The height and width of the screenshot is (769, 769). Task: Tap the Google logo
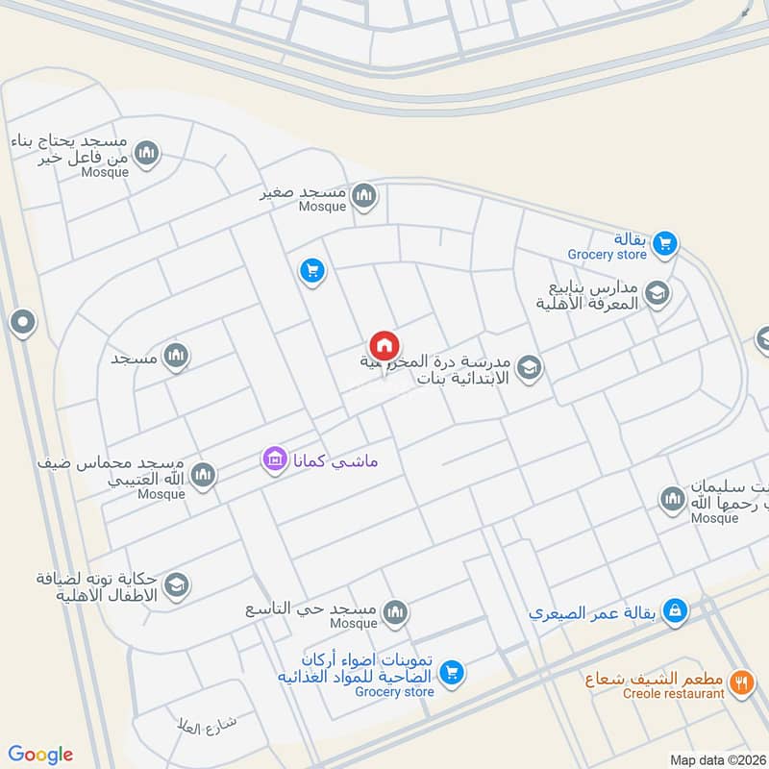[40, 755]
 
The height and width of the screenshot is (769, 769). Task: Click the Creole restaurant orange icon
[740, 682]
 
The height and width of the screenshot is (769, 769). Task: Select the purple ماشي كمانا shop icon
[275, 460]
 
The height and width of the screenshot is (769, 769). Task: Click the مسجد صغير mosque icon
[363, 197]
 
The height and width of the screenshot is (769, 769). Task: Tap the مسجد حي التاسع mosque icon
[394, 611]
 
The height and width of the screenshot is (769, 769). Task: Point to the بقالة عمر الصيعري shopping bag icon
[677, 610]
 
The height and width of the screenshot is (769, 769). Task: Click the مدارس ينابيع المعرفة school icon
[657, 294]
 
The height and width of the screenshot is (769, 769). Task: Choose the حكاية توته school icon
[176, 583]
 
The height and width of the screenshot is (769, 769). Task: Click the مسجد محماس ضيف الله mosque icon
[203, 474]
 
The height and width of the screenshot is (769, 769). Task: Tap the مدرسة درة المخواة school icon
[528, 367]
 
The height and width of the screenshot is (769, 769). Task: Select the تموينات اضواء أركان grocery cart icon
[453, 673]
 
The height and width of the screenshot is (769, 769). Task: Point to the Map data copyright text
[717, 759]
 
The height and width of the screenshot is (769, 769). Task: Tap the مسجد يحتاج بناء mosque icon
[147, 152]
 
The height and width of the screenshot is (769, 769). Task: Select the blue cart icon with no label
[311, 272]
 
